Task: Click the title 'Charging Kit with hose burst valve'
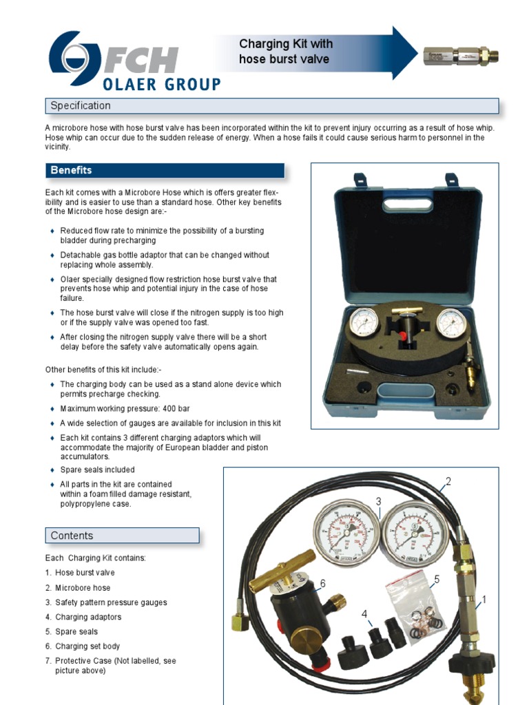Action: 285,52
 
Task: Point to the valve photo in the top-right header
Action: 460,56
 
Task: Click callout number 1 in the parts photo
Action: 484,600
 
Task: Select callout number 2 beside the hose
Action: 448,481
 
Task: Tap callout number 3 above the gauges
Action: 378,501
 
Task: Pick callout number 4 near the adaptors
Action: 364,613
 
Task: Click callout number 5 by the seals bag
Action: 436,580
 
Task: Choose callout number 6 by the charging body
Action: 322,584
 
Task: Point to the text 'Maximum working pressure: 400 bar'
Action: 125,408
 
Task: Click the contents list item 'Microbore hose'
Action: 83,588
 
